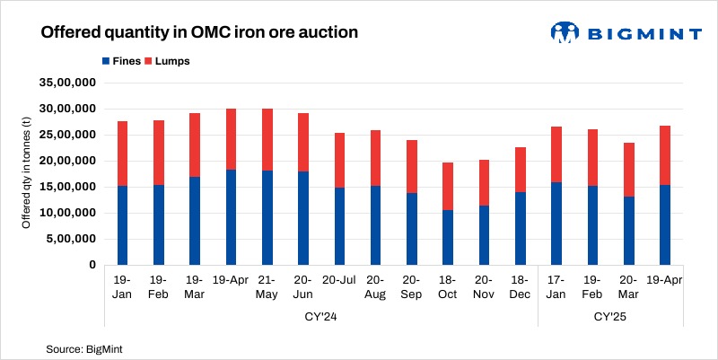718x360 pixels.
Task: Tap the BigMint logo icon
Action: point(564,32)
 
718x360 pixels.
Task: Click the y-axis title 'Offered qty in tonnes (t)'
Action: point(27,173)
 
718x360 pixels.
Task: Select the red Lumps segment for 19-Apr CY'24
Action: point(230,139)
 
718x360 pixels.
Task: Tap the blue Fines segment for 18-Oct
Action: point(448,238)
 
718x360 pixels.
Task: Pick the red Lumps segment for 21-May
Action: point(266,139)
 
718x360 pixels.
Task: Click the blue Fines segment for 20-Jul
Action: point(339,226)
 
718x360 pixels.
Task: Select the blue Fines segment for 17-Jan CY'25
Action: point(556,224)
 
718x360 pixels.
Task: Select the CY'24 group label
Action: point(320,316)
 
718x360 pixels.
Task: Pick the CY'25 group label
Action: point(611,316)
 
